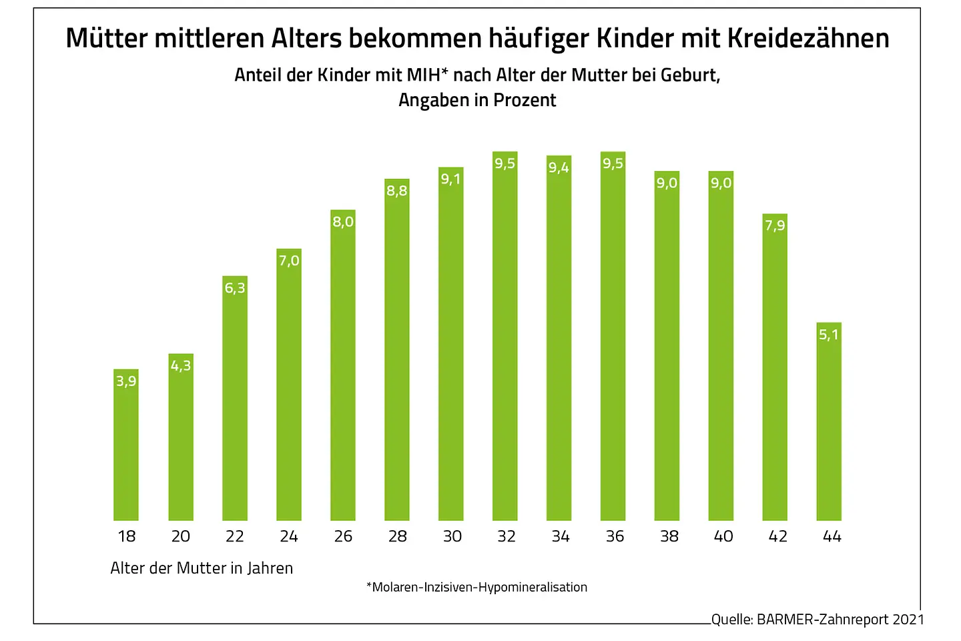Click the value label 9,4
click(x=559, y=168)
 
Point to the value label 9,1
click(x=450, y=179)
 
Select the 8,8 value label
click(x=396, y=191)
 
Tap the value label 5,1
click(x=829, y=335)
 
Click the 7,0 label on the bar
click(x=289, y=260)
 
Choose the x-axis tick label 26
click(x=343, y=536)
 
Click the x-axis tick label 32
click(x=506, y=536)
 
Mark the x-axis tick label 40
click(x=723, y=536)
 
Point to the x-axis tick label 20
click(x=181, y=536)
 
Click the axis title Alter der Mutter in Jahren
click(x=202, y=568)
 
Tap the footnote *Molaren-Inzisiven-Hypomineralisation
click(x=477, y=588)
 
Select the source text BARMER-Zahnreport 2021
click(x=840, y=620)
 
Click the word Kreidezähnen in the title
click(x=808, y=39)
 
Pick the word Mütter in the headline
click(x=106, y=39)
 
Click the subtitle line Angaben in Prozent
click(x=477, y=100)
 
